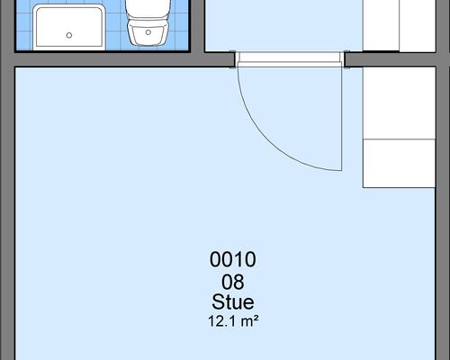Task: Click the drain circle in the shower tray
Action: click(69, 35)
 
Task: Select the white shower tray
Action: click(69, 27)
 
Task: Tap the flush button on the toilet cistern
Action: click(148, 32)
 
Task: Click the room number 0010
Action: click(233, 259)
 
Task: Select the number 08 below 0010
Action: click(233, 283)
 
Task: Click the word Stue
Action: click(233, 301)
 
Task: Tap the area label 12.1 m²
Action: click(233, 321)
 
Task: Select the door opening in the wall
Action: click(290, 59)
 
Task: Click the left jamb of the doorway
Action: click(233, 59)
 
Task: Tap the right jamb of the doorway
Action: click(346, 59)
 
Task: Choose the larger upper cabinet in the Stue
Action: click(399, 103)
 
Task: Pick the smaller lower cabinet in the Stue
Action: click(399, 164)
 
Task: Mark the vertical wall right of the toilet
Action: click(197, 27)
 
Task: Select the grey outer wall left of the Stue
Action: click(7, 210)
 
